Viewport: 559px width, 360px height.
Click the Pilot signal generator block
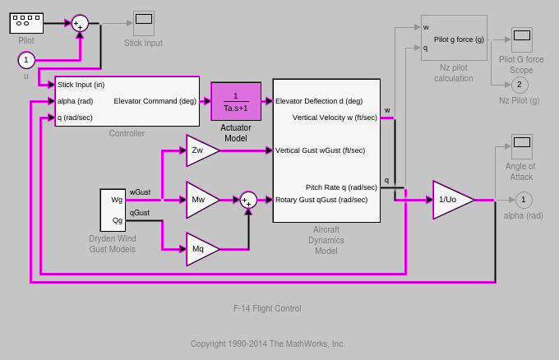coord(26,23)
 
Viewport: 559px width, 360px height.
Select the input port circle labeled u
coord(26,60)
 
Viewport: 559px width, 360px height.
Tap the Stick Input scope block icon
coord(143,23)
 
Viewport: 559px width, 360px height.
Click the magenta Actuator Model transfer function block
coord(236,101)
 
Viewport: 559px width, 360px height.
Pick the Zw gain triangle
coord(201,150)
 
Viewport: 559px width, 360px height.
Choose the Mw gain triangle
coord(201,200)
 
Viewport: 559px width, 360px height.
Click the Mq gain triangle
coord(201,249)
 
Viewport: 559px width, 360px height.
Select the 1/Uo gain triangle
coord(450,200)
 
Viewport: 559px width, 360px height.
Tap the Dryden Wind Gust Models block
coord(113,210)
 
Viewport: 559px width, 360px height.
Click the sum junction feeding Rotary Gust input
coord(248,200)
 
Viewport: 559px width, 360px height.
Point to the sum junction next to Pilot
coord(80,23)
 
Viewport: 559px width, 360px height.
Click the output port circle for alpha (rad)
coord(523,200)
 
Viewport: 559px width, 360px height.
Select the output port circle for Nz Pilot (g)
coord(520,85)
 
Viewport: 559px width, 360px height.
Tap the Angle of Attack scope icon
coord(521,146)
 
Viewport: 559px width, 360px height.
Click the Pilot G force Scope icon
coord(521,39)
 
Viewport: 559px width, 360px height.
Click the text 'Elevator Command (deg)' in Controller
coord(155,101)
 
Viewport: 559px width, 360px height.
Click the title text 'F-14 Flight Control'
coord(267,308)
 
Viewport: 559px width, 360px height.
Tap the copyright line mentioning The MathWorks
coord(268,344)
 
